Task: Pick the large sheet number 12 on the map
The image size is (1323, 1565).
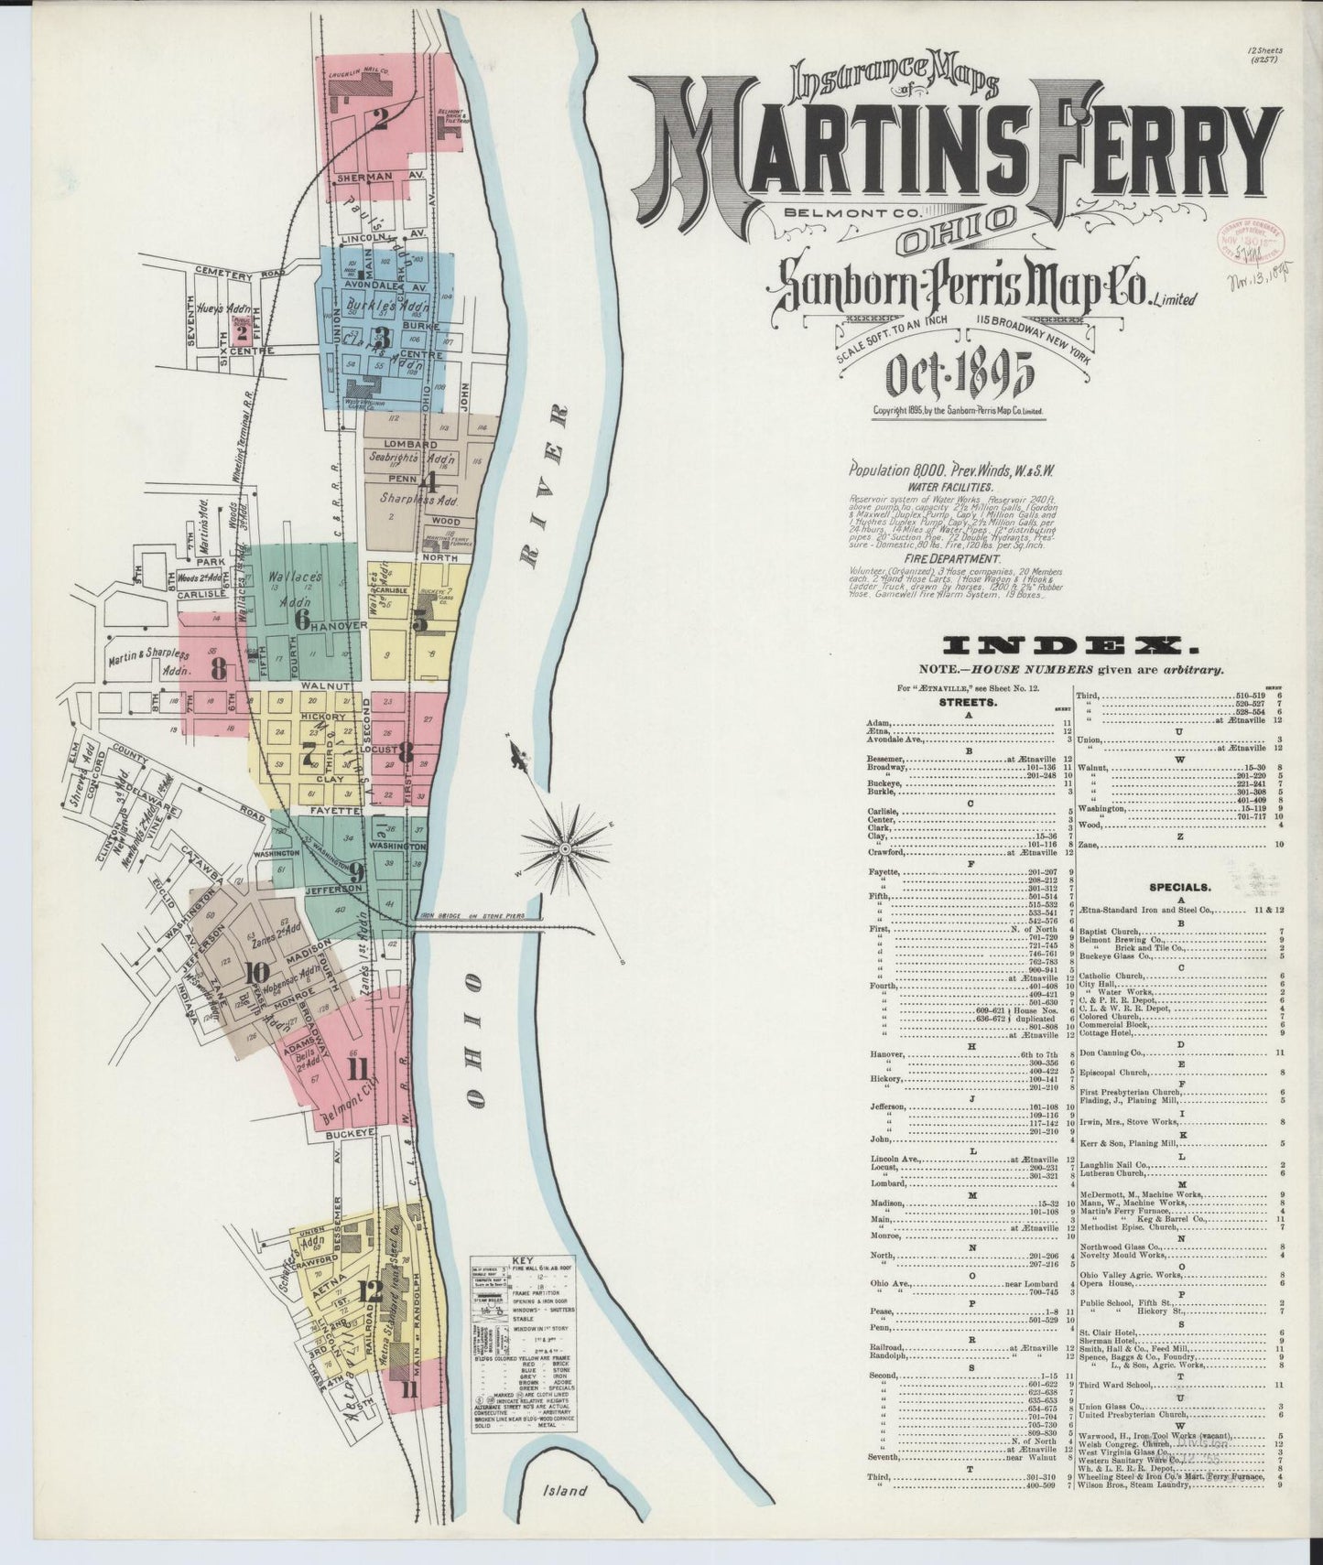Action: [x=370, y=1291]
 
